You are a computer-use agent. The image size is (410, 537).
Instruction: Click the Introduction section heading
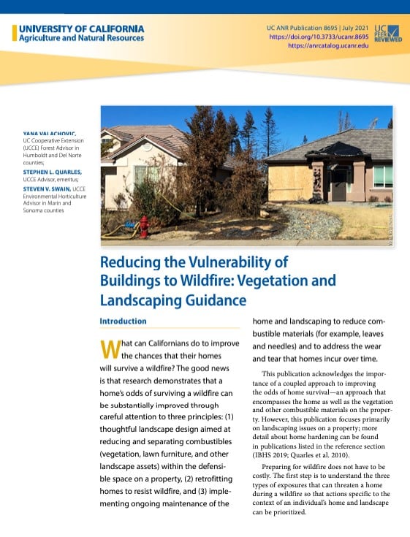click(x=123, y=321)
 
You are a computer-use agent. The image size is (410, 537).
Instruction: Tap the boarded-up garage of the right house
click(x=289, y=183)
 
